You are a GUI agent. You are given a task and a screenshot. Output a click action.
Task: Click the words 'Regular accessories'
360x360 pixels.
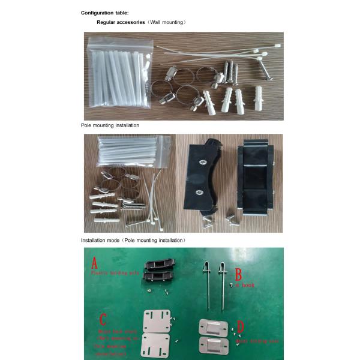[x=120, y=22]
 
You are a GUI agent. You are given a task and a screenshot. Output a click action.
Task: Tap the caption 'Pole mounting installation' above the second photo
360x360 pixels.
[x=110, y=125]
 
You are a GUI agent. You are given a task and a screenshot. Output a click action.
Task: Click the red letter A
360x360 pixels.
[x=94, y=263]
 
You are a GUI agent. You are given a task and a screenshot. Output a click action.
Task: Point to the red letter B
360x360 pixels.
[x=238, y=275]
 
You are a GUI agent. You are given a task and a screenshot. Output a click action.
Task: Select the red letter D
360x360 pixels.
[x=241, y=328]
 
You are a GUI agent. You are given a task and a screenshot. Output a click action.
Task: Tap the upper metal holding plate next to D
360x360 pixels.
[x=214, y=328]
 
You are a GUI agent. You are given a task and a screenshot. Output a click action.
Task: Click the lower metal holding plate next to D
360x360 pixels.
[x=214, y=346]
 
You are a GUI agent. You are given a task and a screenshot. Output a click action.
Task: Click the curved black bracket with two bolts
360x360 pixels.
[x=202, y=180]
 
